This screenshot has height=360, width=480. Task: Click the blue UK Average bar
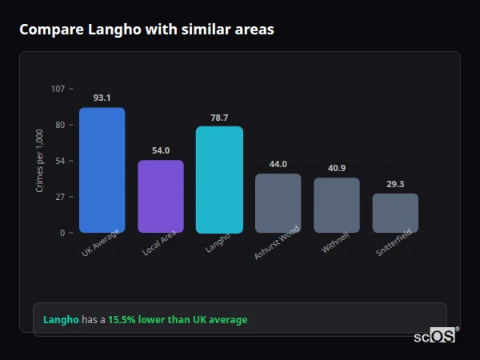(102, 170)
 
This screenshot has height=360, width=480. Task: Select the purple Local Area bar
(161, 197)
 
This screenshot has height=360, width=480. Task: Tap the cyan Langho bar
(219, 180)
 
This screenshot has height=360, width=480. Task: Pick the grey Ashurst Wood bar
(278, 203)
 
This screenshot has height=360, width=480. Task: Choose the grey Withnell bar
(337, 206)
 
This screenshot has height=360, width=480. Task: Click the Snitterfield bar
(395, 213)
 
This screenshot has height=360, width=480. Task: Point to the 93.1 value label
(102, 98)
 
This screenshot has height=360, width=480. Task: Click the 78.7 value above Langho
(219, 118)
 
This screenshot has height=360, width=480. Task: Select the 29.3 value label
(395, 184)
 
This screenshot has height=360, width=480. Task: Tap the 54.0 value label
(161, 150)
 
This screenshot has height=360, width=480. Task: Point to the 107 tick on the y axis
(58, 89)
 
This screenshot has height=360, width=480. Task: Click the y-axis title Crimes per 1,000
(40, 160)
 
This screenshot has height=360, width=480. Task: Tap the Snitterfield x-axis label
(394, 242)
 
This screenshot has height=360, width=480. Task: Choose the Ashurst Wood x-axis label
(276, 243)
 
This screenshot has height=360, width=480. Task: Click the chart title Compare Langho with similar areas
(146, 30)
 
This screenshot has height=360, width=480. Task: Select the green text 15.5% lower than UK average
(178, 320)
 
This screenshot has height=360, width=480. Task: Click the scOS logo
(435, 336)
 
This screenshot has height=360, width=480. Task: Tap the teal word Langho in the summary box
(61, 320)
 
